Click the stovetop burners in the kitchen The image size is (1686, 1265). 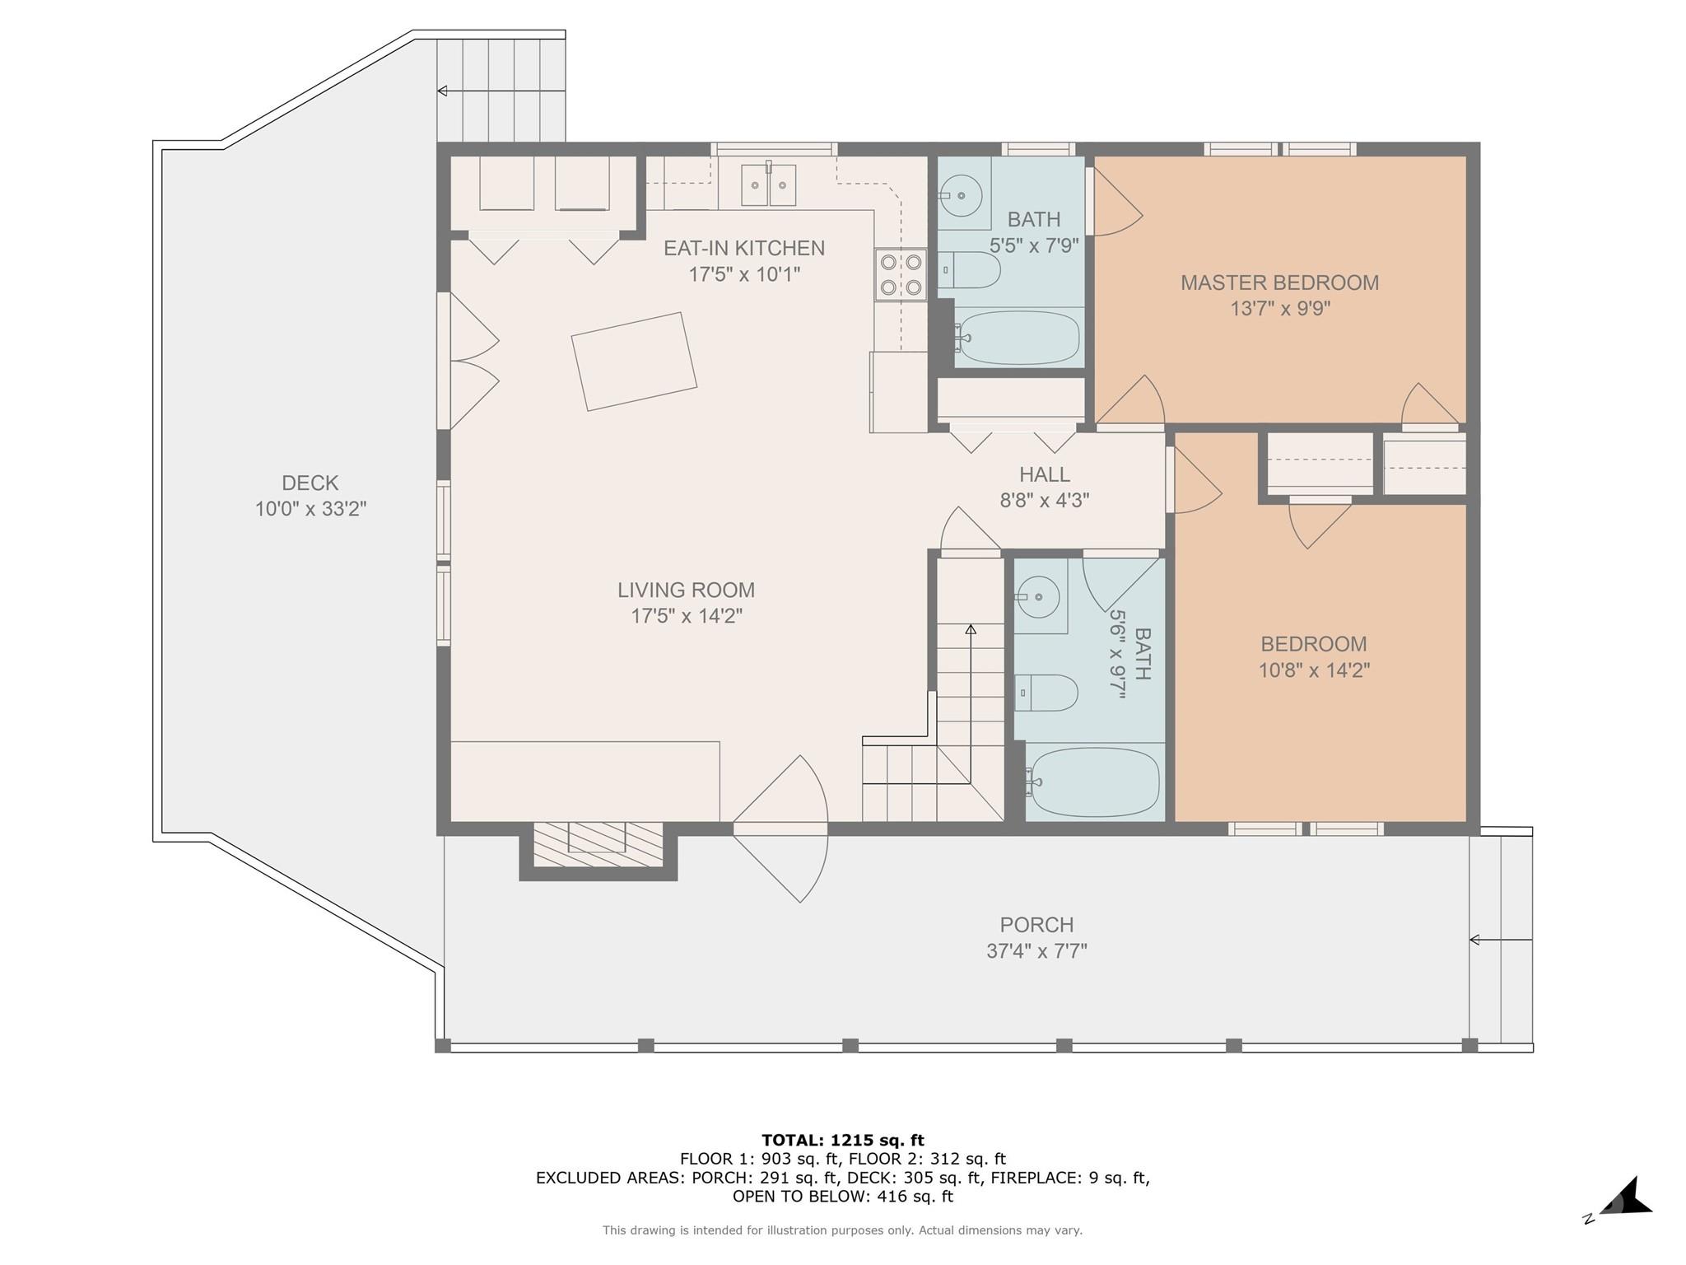click(x=901, y=274)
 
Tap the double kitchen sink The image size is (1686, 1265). click(x=768, y=184)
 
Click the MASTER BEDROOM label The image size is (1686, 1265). click(x=1278, y=282)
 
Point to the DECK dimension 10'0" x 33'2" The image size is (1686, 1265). click(x=310, y=509)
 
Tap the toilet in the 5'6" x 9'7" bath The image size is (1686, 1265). click(x=1047, y=693)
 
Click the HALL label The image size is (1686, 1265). click(x=1045, y=474)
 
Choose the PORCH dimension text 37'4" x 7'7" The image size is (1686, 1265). click(x=1036, y=951)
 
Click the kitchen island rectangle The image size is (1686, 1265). click(x=634, y=361)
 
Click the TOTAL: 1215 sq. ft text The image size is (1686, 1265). click(x=842, y=1140)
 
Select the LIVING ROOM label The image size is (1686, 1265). click(x=686, y=590)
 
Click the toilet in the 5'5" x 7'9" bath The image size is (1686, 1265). click(x=971, y=269)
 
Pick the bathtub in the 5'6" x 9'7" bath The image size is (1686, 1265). click(x=1095, y=782)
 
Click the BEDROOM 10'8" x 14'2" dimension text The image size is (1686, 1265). click(x=1313, y=670)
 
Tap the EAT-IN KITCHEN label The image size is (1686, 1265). click(x=743, y=248)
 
